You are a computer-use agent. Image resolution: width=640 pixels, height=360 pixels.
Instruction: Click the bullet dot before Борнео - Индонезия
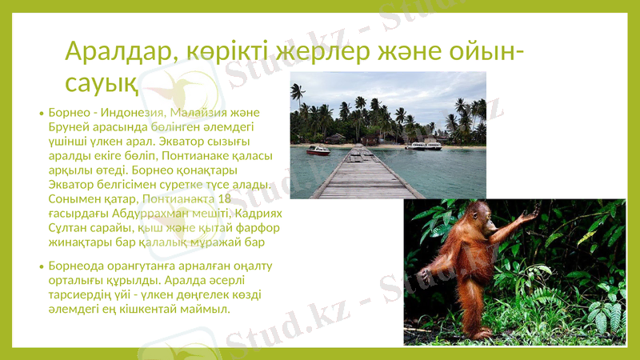(x=41, y=114)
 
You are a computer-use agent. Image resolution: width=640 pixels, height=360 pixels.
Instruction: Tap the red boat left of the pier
(x=318, y=150)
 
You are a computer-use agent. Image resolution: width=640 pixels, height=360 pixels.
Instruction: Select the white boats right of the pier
(x=422, y=146)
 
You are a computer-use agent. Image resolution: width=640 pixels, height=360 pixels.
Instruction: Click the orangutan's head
(x=481, y=214)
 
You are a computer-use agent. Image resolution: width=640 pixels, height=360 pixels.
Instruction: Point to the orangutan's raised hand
(x=529, y=214)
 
